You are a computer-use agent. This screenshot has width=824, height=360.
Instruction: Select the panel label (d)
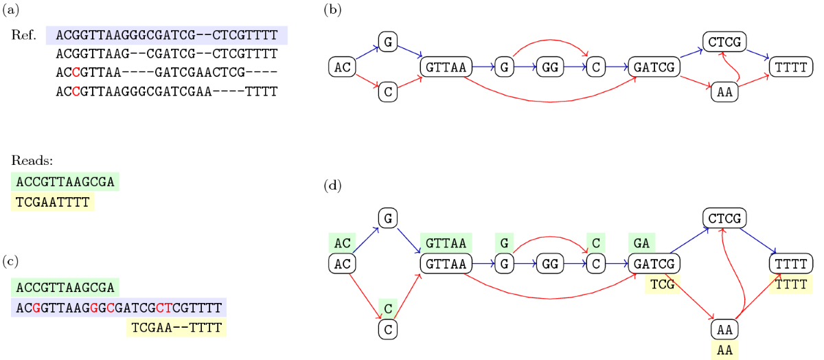333,185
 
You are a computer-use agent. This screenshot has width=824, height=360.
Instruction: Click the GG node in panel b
549,67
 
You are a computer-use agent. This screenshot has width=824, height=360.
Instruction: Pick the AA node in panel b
724,91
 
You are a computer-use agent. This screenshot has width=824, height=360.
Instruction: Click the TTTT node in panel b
791,67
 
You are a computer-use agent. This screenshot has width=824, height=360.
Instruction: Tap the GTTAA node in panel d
446,263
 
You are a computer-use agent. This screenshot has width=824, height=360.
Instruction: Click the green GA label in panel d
641,243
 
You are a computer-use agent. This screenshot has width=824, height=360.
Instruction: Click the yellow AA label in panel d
724,350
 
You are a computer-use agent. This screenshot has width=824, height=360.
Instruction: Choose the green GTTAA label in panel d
446,243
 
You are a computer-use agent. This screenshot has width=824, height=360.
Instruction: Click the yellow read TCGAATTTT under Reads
52,202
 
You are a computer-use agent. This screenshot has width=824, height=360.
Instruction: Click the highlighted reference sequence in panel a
167,35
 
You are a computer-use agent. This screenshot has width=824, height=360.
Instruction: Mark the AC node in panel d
343,263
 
